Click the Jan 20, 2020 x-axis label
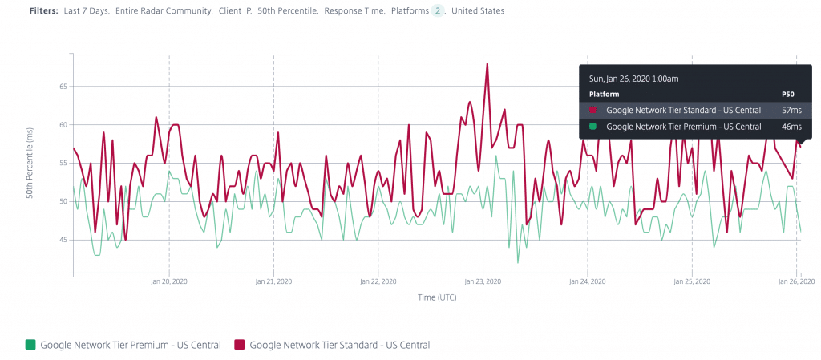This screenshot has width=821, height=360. (x=168, y=282)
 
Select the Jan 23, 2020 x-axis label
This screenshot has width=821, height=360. (x=482, y=282)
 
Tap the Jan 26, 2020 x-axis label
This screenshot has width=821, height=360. (x=796, y=282)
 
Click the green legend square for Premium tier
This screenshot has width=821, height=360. (x=30, y=345)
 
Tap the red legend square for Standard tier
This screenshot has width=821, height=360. (x=240, y=345)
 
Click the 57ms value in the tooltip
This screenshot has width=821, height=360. (x=791, y=110)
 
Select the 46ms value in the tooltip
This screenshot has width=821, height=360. (x=791, y=126)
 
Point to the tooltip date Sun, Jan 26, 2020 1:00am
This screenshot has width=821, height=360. (x=634, y=79)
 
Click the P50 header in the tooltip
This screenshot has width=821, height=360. (x=787, y=94)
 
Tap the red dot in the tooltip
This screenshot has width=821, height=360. (x=593, y=110)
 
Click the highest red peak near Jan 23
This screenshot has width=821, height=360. (x=487, y=63)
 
